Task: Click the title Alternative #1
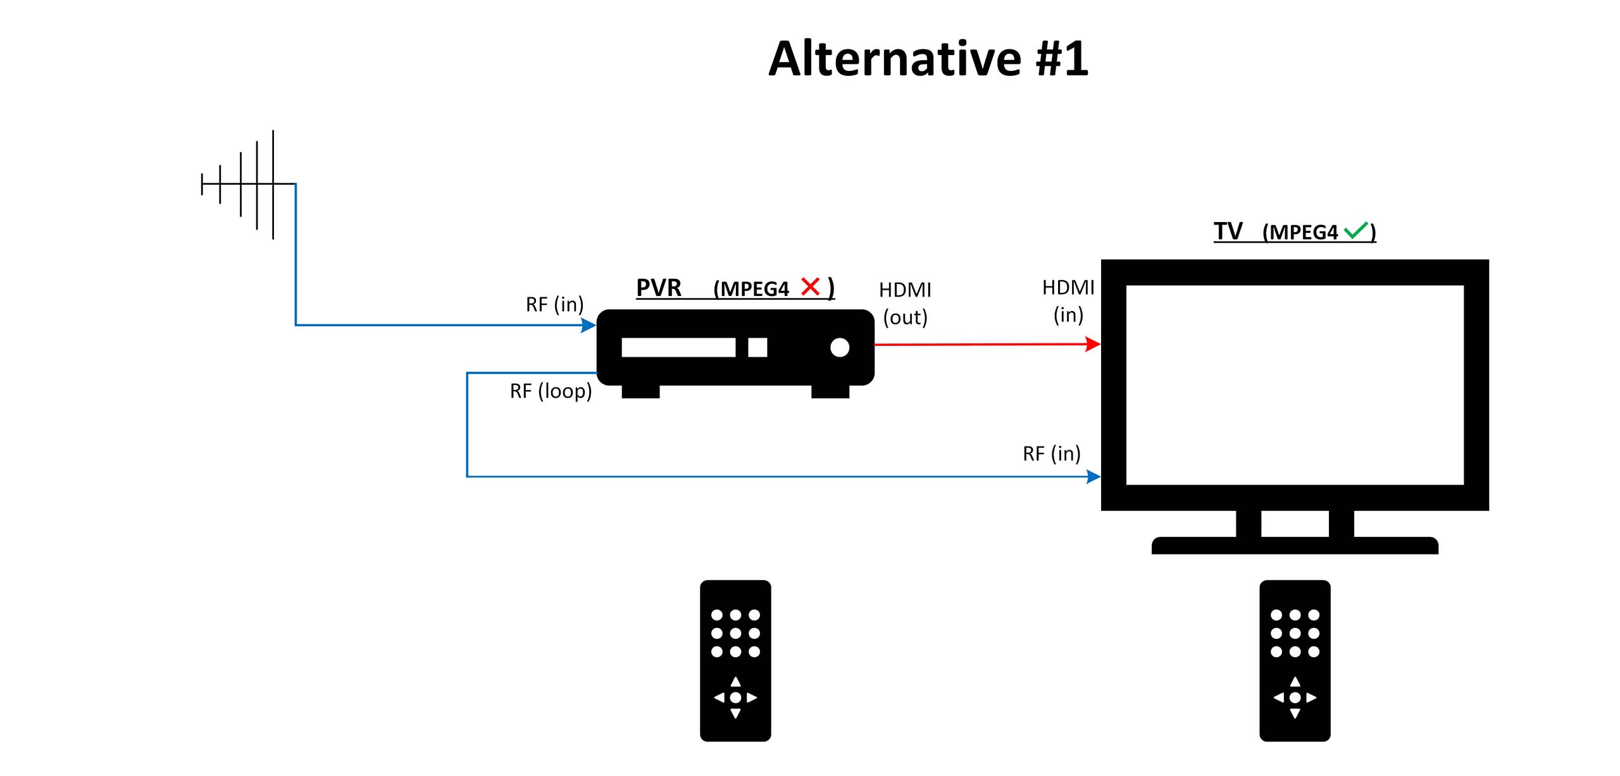tap(928, 58)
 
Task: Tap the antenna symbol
tap(248, 184)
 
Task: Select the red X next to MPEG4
tap(810, 286)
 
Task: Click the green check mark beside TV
tap(1355, 230)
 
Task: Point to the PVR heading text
tap(659, 288)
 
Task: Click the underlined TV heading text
tap(1228, 231)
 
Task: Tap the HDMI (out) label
tap(905, 304)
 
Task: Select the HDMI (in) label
tap(1068, 301)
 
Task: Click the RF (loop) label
tap(551, 391)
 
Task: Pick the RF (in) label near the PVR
tap(554, 305)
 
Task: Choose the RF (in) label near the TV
tap(1051, 454)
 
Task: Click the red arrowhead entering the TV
tap(1093, 344)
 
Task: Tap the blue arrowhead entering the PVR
tap(589, 325)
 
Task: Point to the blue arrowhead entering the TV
tap(1093, 476)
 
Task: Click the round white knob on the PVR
tap(840, 347)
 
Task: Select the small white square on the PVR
tap(757, 347)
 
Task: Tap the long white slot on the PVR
tap(678, 347)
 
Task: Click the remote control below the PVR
tap(735, 661)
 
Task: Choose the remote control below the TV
tap(1295, 661)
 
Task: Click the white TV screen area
tap(1295, 385)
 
